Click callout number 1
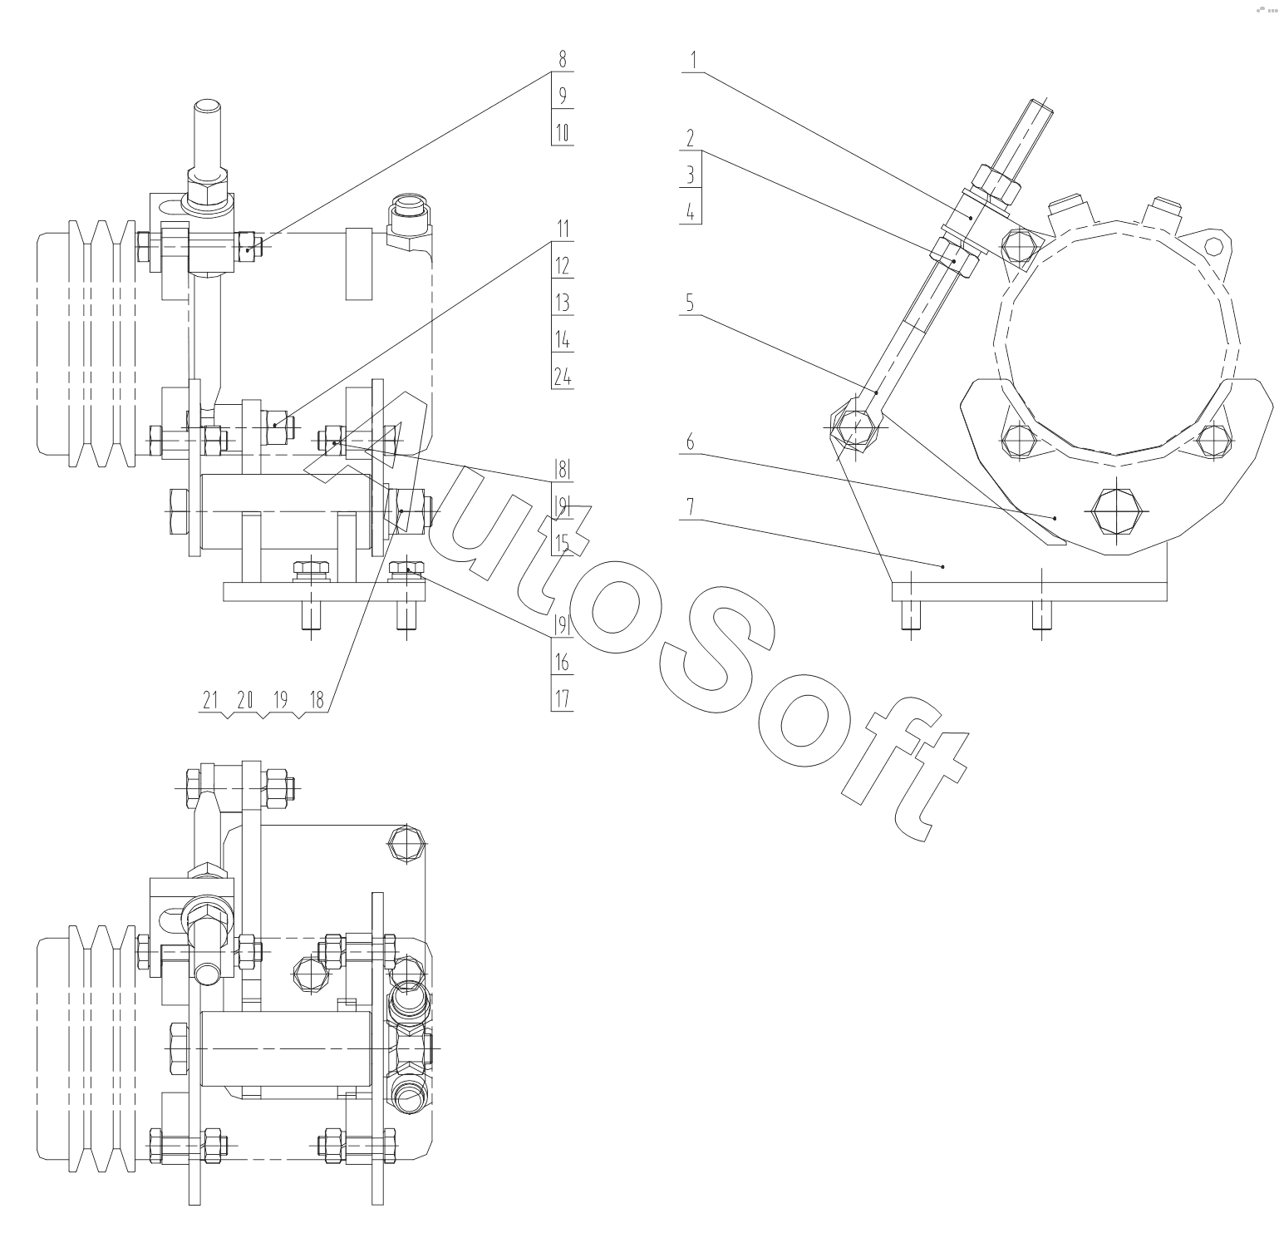pyautogui.click(x=693, y=61)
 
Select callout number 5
pyautogui.click(x=690, y=303)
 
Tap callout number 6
pyautogui.click(x=690, y=441)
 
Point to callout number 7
pyautogui.click(x=690, y=507)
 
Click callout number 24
pyautogui.click(x=563, y=377)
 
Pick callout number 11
pyautogui.click(x=563, y=229)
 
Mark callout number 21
pyautogui.click(x=209, y=701)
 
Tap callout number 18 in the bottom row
pyautogui.click(x=316, y=701)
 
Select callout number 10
pyautogui.click(x=563, y=133)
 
